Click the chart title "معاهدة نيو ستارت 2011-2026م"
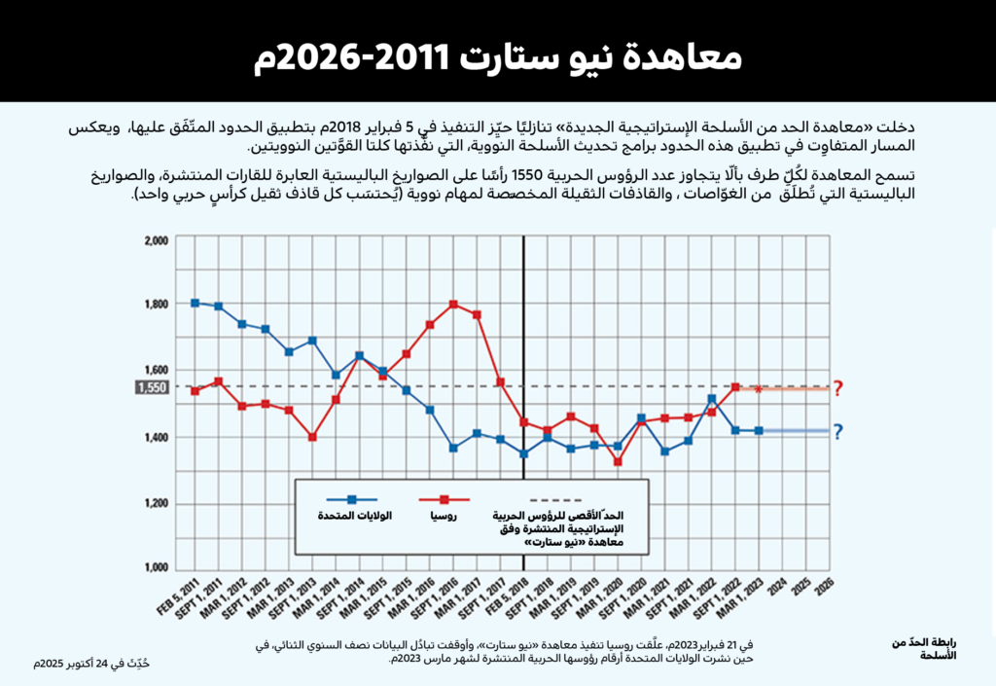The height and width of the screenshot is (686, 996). [498, 57]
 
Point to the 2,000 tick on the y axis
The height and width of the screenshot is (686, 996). [156, 239]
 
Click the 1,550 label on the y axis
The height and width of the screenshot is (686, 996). [151, 387]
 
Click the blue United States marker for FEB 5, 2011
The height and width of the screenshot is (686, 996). [196, 303]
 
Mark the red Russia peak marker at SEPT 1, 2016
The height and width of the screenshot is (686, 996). [453, 305]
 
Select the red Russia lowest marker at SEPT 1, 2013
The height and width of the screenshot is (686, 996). [312, 437]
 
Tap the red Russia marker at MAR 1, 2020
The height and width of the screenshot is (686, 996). [618, 462]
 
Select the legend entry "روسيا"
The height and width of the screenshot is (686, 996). [444, 515]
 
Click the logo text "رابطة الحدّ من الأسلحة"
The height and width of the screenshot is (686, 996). [923, 648]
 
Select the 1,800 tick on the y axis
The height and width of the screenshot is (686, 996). [156, 305]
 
